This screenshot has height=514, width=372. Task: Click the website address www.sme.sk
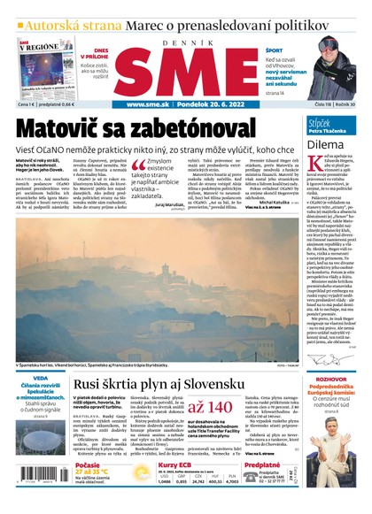click(147, 104)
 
